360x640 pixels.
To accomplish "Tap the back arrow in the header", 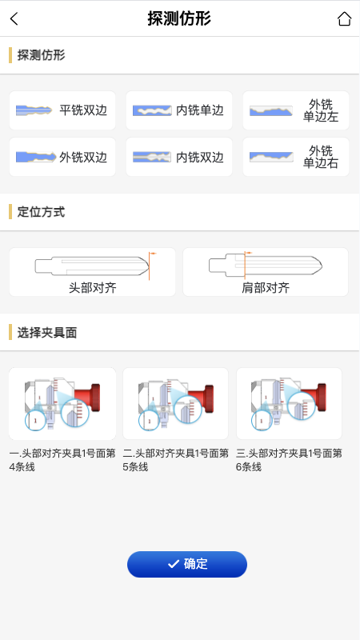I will pos(14,19).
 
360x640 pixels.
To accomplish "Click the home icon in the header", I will pos(344,19).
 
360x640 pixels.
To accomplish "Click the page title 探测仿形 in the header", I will pos(179,19).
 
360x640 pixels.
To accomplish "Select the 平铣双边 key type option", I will pos(62,110).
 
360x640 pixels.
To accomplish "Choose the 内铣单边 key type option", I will pos(179,110).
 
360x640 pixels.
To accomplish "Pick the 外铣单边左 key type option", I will pos(296,110).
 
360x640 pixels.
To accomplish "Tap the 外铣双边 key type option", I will pos(62,158).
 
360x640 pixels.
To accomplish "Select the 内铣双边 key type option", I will pos(179,158).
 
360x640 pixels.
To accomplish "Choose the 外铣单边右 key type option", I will pos(296,158).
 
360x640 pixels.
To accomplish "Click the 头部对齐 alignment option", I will pos(92,272).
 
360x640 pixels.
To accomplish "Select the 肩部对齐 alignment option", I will pos(266,272).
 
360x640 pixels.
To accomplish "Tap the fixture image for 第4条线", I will pos(62,403).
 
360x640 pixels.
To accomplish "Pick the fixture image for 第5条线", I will pos(175,403).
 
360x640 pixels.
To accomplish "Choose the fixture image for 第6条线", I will pos(289,403).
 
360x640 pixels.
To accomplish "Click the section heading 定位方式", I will pos(41,212).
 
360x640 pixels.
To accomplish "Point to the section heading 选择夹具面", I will pos(46,332).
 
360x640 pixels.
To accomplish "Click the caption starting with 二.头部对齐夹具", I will pos(175,460).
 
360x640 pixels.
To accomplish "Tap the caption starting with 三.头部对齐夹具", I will pos(289,460).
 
